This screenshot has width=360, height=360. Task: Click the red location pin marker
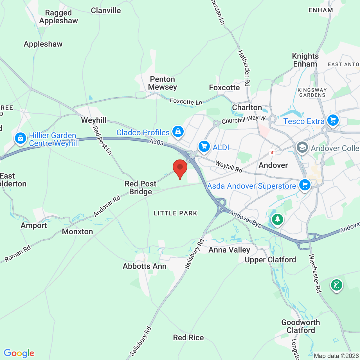tap(180, 168)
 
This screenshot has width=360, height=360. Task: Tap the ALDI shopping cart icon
tap(204, 147)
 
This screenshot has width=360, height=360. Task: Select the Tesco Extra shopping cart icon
tap(333, 120)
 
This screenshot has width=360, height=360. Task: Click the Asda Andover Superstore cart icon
tap(305, 185)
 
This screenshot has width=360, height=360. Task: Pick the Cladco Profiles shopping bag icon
tap(178, 131)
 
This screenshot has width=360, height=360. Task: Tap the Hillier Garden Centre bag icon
tap(21, 138)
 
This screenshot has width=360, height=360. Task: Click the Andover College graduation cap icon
tap(302, 147)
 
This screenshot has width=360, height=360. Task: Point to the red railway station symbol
tap(272, 152)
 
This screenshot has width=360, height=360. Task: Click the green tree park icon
tap(278, 219)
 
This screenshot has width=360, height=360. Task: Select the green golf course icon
tap(337, 285)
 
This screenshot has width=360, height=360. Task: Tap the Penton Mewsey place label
tap(163, 83)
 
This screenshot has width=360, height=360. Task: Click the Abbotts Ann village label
tap(145, 266)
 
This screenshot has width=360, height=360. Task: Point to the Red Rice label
tap(188, 337)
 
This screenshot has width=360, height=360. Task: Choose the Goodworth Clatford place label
tap(301, 326)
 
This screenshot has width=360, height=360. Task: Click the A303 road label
tap(156, 142)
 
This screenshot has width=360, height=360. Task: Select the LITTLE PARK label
tap(175, 213)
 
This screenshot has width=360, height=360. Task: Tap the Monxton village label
tap(77, 231)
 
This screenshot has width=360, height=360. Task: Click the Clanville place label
tap(106, 11)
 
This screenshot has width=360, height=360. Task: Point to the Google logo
tap(19, 353)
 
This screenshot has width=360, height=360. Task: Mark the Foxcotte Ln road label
tap(186, 102)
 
